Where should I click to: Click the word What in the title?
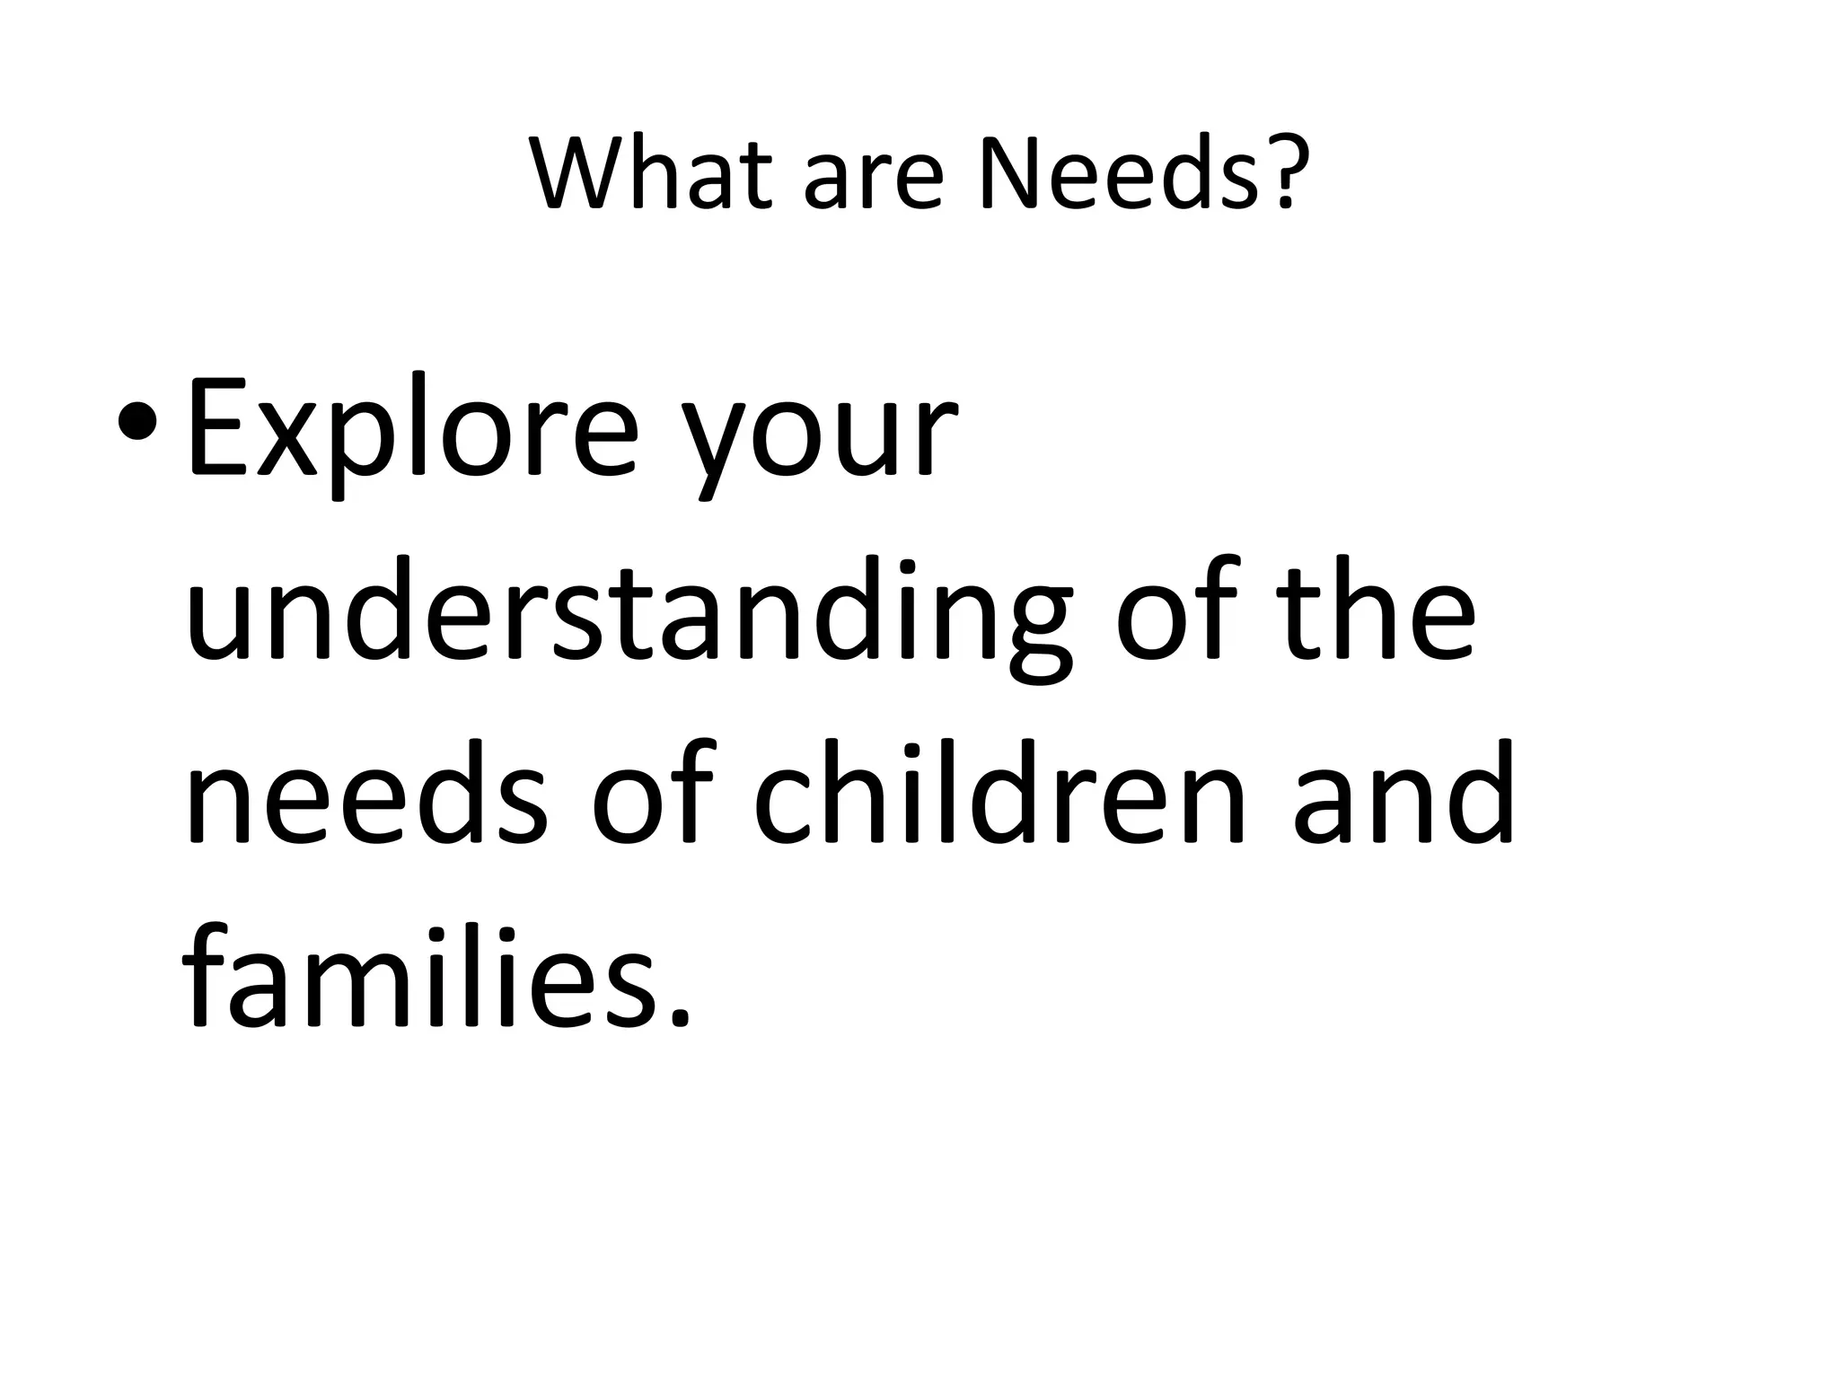tap(651, 172)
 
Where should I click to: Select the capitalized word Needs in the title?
tap(1119, 172)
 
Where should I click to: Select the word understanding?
tap(629, 614)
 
